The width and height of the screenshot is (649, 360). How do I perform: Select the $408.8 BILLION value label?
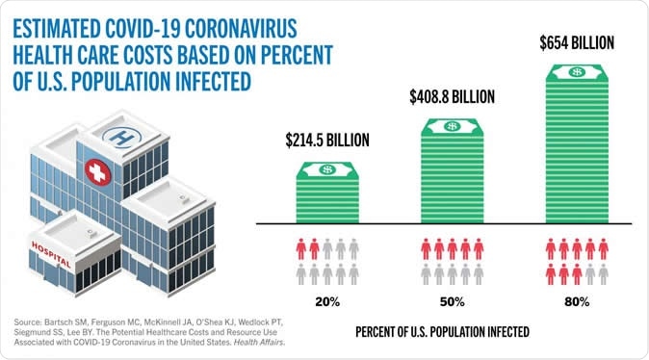point(452,96)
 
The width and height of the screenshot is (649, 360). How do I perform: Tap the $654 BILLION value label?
point(575,43)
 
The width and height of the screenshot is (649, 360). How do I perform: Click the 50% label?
point(453,301)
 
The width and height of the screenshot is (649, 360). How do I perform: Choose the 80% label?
point(577,301)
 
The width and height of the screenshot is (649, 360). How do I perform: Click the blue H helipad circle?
point(121,137)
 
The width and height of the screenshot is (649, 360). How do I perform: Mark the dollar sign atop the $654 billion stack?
point(577,72)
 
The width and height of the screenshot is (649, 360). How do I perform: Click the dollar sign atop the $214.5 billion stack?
point(326,169)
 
